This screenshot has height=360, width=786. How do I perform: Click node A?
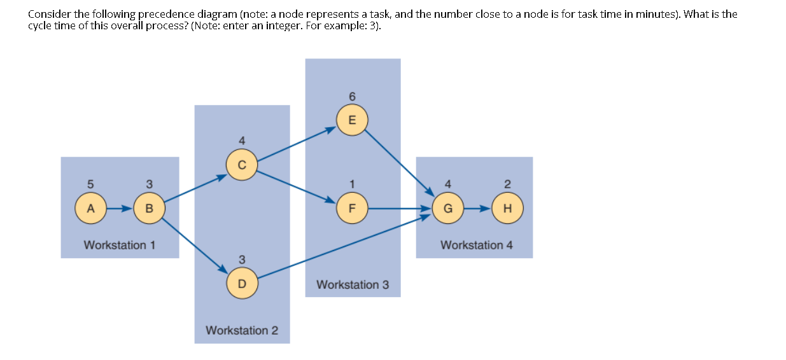(x=90, y=208)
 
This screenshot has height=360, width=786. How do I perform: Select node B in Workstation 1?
(x=149, y=208)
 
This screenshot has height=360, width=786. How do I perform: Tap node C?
(x=241, y=163)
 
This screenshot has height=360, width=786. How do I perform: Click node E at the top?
(x=352, y=120)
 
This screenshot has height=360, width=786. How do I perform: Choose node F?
(x=352, y=208)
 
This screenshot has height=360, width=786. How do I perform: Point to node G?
(x=448, y=208)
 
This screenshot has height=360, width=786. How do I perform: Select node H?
(x=507, y=208)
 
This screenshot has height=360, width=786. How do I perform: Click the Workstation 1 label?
(x=120, y=245)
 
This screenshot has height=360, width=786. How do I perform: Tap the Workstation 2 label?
(x=242, y=330)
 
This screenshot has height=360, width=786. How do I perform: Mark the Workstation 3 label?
(x=353, y=284)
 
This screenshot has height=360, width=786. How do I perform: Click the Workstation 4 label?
(x=477, y=245)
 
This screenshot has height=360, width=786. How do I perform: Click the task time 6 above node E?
(x=352, y=96)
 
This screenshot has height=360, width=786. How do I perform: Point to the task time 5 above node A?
(x=90, y=184)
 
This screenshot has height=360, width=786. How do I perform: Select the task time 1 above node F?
(x=352, y=184)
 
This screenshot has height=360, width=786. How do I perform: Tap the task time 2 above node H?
(x=507, y=184)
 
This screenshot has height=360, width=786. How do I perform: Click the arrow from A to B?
(x=120, y=208)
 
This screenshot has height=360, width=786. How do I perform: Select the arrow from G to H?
(x=477, y=208)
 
